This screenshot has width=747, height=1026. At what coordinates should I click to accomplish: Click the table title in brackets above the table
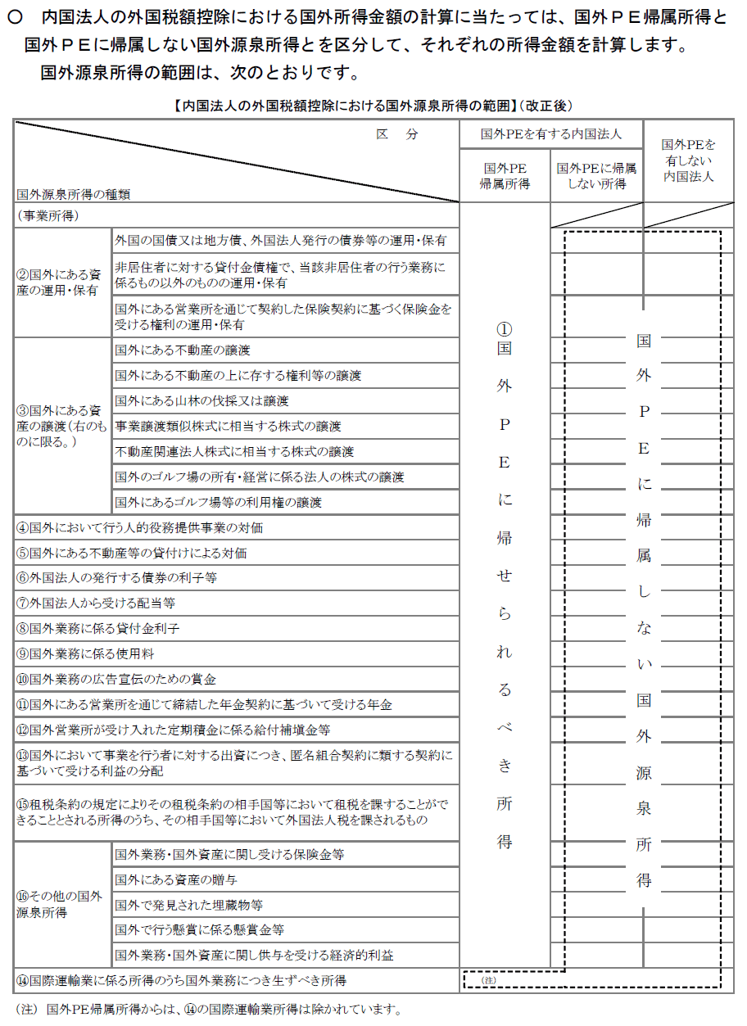tap(373, 106)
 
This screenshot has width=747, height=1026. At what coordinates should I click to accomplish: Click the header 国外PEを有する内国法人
tap(550, 133)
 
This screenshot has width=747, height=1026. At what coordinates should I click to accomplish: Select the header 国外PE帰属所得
tap(505, 176)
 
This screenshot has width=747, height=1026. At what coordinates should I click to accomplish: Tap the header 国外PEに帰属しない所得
tap(596, 176)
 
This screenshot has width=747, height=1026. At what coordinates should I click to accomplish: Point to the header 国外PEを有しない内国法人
tap(688, 160)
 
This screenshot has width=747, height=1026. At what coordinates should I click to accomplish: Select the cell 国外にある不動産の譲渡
tap(183, 350)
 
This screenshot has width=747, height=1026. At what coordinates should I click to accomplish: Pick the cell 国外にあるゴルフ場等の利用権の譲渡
tap(219, 502)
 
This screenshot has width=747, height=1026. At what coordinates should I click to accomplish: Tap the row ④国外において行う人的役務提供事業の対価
tap(140, 528)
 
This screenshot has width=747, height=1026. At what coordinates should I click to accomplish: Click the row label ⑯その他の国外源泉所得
tap(59, 904)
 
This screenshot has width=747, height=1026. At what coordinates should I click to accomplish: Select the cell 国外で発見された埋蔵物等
tap(189, 905)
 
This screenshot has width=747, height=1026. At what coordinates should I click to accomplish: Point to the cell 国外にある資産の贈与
tap(176, 879)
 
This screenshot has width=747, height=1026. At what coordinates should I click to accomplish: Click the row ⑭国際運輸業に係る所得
tap(181, 980)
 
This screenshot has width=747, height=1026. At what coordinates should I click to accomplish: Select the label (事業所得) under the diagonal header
tap(48, 215)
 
